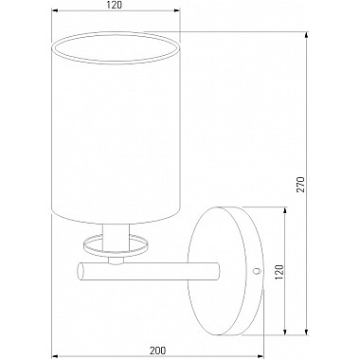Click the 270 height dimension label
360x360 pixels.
[x=301, y=185]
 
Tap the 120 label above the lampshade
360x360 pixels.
[x=115, y=5]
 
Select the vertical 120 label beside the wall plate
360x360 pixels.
[x=279, y=272]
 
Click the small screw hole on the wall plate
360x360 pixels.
[x=257, y=271]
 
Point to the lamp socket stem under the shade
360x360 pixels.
[x=117, y=237]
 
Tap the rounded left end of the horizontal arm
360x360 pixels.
[x=81, y=271]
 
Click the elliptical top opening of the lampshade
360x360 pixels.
[x=116, y=47]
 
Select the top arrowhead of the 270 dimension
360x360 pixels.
[x=307, y=35]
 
